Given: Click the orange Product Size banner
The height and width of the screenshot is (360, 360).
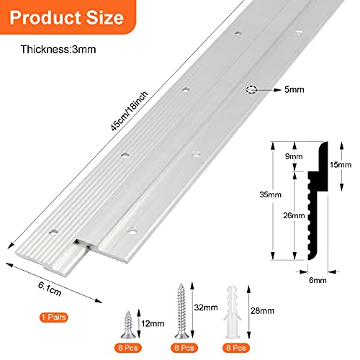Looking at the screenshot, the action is [x=67, y=17].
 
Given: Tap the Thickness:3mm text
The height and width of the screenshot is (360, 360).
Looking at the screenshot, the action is [x=58, y=50].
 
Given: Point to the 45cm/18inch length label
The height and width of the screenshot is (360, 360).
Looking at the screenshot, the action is [x=129, y=111].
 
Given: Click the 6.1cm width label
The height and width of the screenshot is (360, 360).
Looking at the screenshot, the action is [x=50, y=289].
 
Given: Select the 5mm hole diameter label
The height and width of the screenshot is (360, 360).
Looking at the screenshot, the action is [x=294, y=89].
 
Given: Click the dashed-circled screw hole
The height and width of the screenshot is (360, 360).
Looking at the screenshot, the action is [x=251, y=89].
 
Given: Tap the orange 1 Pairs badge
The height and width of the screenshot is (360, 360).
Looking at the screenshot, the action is [x=54, y=318].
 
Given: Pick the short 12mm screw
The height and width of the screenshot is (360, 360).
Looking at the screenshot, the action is [x=128, y=325].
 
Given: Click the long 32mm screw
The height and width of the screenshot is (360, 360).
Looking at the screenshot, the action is [x=181, y=311].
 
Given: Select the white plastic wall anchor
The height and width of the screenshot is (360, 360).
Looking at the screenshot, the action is [x=233, y=312].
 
